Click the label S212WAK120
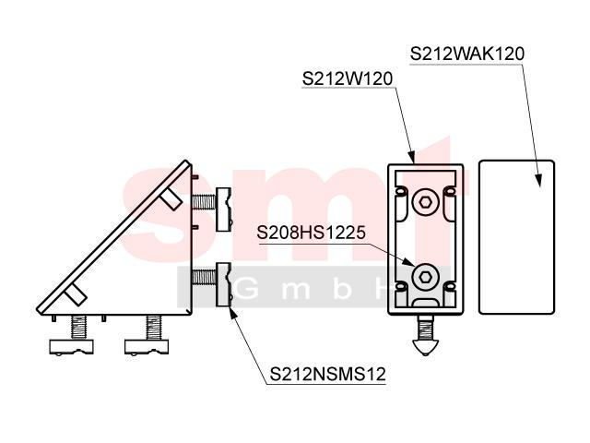tap(467, 54)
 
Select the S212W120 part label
tap(348, 78)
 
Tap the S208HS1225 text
tap(311, 233)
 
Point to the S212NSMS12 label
tap(328, 374)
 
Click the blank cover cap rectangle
tap(516, 237)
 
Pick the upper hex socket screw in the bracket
tap(426, 203)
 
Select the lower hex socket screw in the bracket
tap(426, 277)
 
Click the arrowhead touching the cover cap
tap(539, 180)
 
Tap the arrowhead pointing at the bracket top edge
tap(412, 158)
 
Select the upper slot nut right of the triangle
tap(223, 210)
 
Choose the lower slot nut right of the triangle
tap(223, 284)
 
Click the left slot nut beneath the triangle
tap(72, 347)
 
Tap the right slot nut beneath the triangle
tap(147, 347)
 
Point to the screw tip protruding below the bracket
tap(426, 348)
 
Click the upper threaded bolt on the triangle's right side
tap(204, 202)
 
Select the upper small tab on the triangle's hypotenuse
tap(171, 198)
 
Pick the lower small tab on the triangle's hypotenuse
tap(77, 295)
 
